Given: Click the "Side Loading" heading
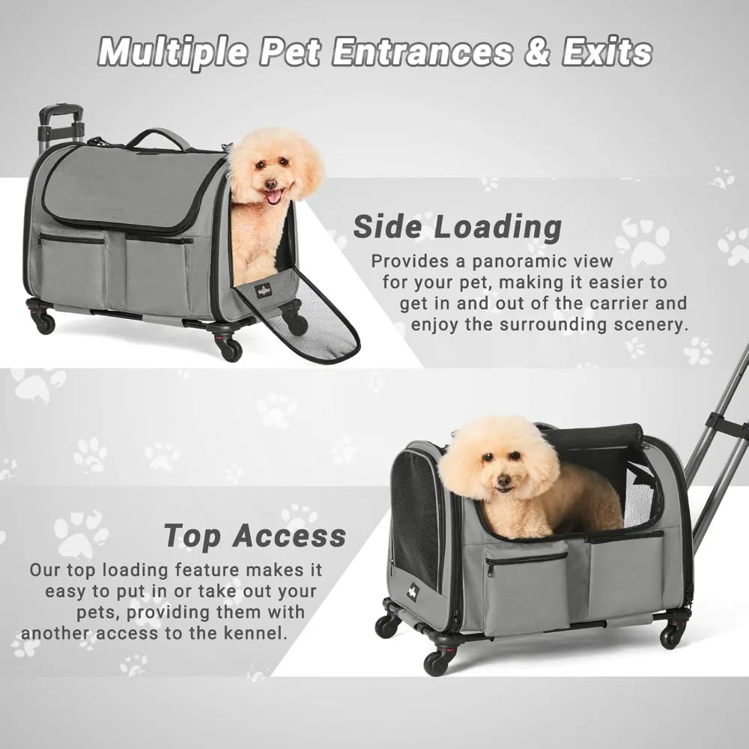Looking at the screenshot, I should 457,227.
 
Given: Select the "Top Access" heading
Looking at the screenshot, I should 255,536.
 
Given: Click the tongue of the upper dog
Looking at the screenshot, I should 274,197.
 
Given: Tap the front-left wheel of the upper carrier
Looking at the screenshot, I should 44,322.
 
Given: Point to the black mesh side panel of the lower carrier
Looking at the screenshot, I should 416,517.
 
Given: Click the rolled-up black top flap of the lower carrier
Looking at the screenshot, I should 599,435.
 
